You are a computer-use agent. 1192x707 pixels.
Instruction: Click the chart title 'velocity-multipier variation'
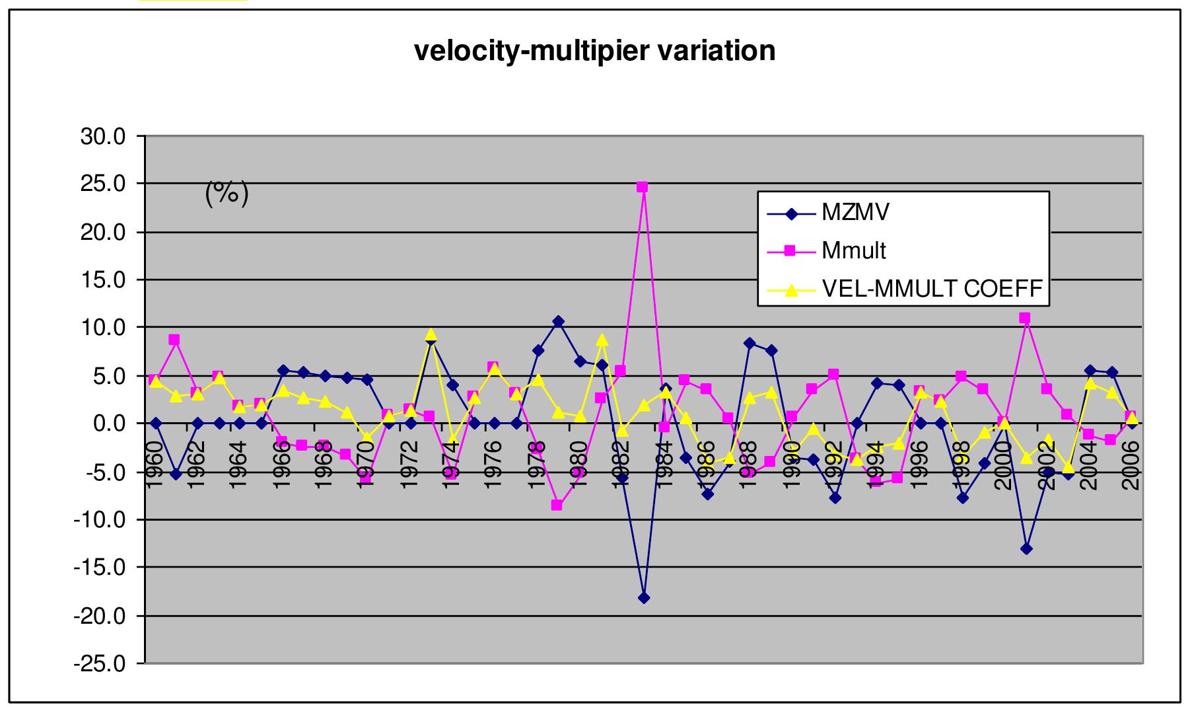point(594,51)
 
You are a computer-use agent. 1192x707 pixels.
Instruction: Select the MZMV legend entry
point(855,213)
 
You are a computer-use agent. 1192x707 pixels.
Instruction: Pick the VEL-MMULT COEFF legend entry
point(932,289)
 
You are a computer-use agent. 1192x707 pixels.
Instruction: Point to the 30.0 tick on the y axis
point(102,136)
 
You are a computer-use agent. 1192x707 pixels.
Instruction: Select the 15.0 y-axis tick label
point(102,280)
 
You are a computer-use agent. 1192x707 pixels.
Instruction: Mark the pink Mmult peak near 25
point(642,187)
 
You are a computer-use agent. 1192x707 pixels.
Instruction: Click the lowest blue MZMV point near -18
point(644,598)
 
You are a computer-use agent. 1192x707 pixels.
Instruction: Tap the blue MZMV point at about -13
point(1026,548)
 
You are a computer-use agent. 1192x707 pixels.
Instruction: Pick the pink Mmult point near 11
point(1025,318)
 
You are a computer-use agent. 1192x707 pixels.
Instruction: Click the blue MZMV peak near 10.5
point(558,322)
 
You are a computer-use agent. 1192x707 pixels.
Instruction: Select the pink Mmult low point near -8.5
point(557,505)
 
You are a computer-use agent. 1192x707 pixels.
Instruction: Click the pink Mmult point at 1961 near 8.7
point(174,340)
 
